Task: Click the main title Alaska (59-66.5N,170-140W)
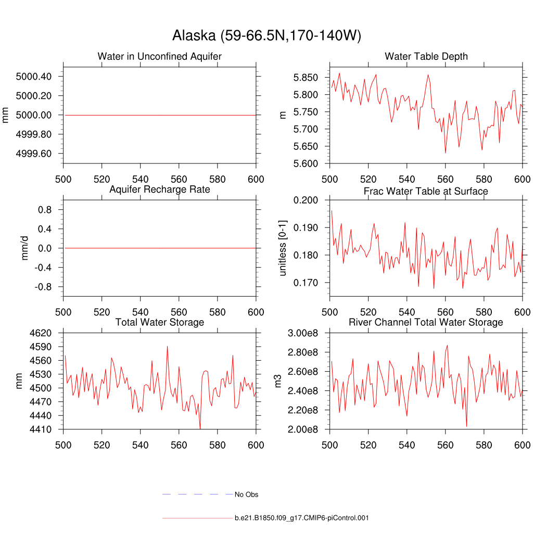point(266,35)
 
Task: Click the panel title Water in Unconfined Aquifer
point(159,56)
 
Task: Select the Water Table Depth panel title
point(426,56)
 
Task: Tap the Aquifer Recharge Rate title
point(159,189)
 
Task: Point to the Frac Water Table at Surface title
point(426,191)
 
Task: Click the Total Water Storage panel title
point(159,322)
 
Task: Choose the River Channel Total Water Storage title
point(426,322)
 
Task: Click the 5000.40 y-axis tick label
point(34,77)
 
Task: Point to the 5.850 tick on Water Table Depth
point(309,78)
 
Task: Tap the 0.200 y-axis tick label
point(309,200)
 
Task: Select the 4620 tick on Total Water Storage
point(40,333)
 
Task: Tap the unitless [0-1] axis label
point(283,247)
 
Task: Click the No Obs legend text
point(246,494)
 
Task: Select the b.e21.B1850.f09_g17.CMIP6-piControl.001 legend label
point(301,518)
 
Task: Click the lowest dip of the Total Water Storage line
point(200,428)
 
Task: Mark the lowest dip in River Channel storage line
point(466,426)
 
